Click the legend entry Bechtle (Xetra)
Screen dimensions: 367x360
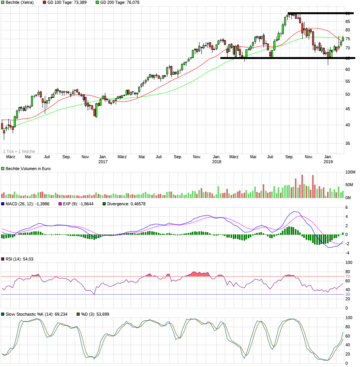point(20,2)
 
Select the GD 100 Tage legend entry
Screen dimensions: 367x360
point(67,2)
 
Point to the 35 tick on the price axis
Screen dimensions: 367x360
point(348,143)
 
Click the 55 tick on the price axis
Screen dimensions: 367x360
point(348,81)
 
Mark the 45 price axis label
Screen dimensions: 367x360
point(348,109)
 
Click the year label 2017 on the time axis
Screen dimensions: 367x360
point(103,162)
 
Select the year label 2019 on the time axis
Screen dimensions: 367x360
point(328,162)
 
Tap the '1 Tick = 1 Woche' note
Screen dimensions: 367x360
point(19,151)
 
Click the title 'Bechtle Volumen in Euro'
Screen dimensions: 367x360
point(28,169)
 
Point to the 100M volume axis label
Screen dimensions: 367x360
point(350,172)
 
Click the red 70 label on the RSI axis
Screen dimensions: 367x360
point(348,276)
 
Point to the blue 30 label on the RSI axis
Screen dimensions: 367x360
point(348,294)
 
